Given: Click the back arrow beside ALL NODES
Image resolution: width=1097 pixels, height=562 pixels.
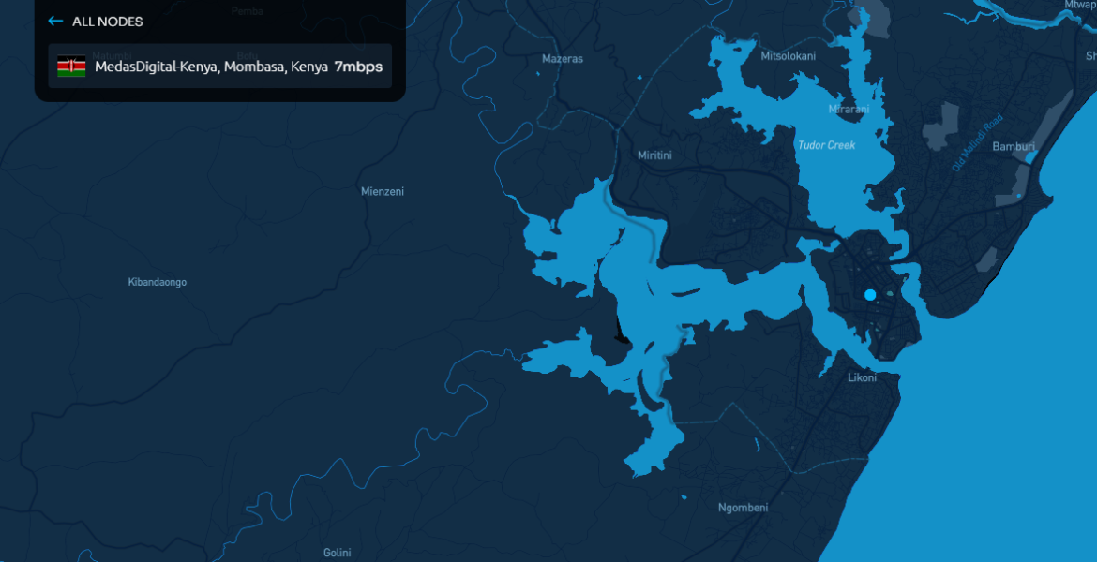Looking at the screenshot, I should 55,21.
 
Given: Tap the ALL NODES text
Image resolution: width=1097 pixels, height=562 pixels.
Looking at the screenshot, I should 108,22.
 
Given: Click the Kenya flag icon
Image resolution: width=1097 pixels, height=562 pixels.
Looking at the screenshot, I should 71,67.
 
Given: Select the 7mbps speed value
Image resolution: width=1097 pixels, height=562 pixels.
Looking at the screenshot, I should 358,67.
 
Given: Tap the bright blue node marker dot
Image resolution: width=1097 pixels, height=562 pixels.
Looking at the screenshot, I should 870,295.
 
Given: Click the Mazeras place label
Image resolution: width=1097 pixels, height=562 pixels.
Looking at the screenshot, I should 563,59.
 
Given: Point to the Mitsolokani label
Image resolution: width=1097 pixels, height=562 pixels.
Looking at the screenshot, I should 788,56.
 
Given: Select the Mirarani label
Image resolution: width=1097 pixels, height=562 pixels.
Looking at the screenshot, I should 849,110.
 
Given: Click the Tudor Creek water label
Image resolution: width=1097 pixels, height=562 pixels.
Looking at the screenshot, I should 826,145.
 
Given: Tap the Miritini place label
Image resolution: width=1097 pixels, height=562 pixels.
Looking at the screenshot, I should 654,155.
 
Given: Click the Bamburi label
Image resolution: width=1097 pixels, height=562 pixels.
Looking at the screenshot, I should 1014,147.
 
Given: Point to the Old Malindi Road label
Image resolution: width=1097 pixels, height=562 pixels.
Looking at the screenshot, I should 977,143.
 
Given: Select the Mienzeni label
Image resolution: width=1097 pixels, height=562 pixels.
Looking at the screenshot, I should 383,192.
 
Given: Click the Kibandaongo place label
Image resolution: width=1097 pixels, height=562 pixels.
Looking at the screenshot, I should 157,282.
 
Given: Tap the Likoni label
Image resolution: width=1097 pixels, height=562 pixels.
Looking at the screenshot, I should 862,378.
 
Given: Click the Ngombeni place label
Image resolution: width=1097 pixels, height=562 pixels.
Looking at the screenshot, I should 743,508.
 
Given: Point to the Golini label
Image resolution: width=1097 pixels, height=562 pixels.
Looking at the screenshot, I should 337,553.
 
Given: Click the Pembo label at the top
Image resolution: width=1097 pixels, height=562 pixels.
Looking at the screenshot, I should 248,11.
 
